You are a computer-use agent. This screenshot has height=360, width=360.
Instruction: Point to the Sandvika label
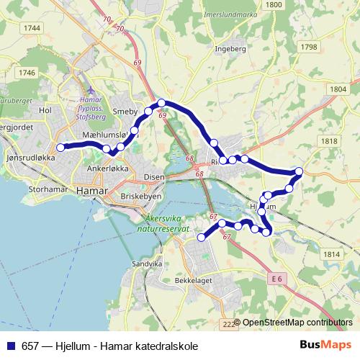pyautogui.click(x=148, y=264)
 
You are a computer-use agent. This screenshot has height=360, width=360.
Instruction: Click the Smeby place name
pyautogui.click(x=126, y=112)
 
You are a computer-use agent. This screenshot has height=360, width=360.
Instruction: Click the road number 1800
pyautogui.click(x=274, y=4)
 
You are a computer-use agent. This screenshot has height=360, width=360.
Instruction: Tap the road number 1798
pyautogui.click(x=309, y=47)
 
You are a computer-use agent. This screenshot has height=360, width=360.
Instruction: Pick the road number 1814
pyautogui.click(x=331, y=254)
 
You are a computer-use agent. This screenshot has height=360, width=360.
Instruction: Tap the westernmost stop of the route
pyautogui.click(x=60, y=147)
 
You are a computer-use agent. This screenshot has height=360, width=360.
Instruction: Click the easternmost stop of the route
pyautogui.click(x=299, y=171)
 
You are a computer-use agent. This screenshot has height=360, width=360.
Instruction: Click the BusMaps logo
pyautogui.click(x=325, y=345)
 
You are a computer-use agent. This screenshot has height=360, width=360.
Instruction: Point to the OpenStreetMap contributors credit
pyautogui.click(x=297, y=323)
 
